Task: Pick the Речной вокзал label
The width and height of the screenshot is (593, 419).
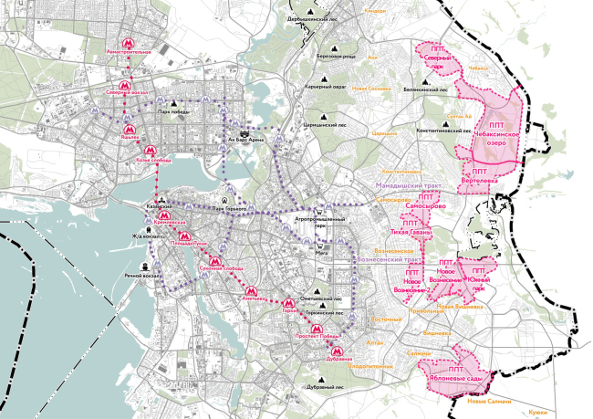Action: point(143,275)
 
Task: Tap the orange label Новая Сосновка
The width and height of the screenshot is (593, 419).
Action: point(371,88)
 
